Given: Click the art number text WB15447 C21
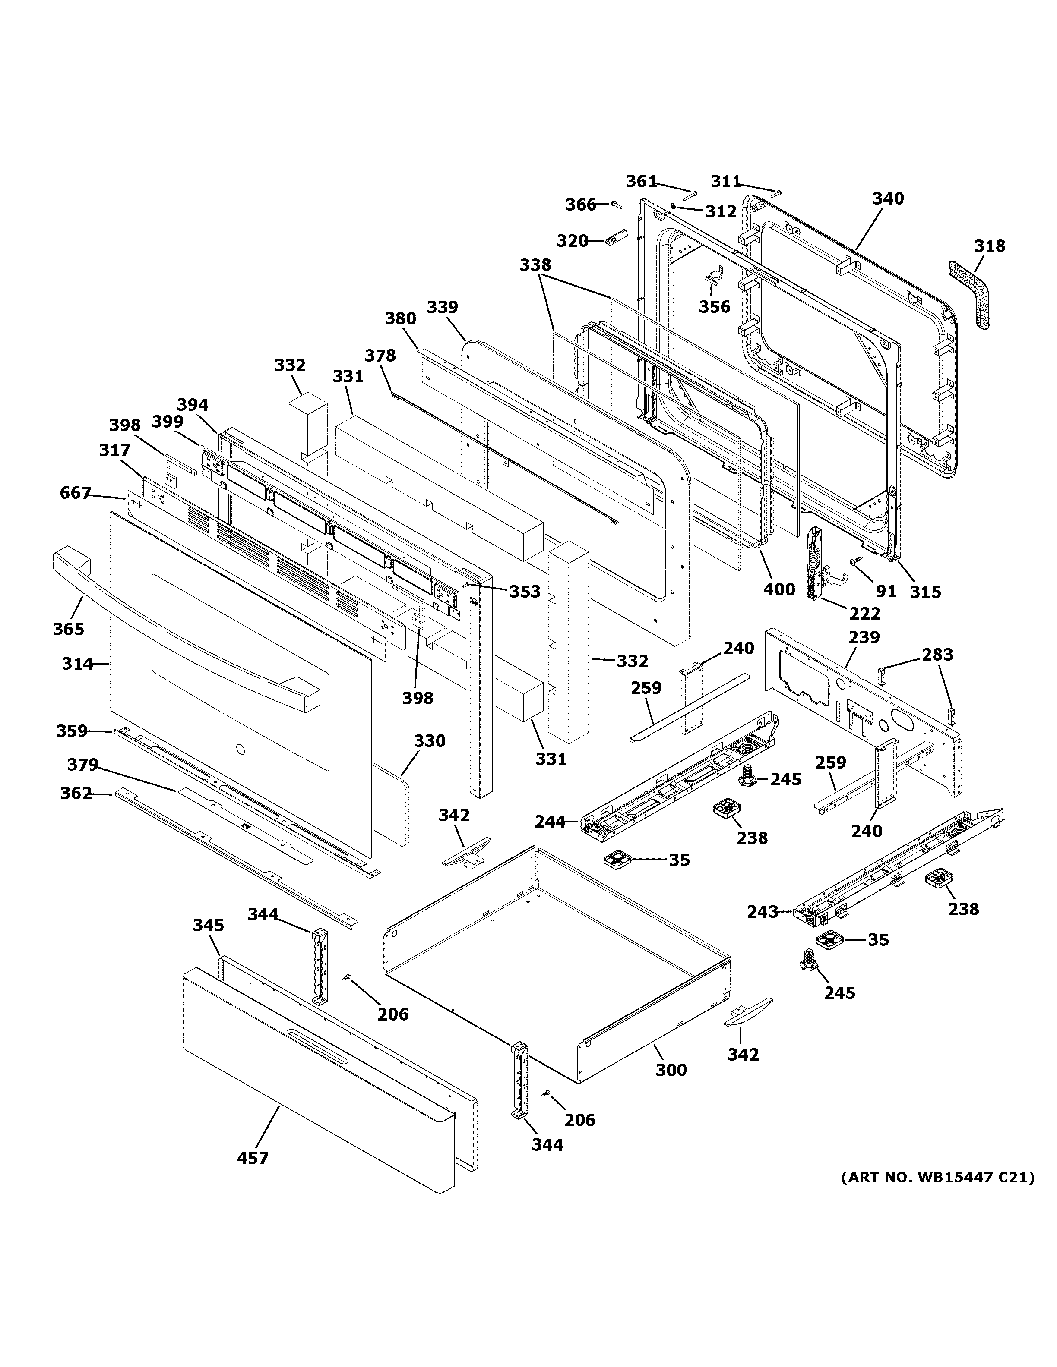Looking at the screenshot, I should (x=937, y=1177).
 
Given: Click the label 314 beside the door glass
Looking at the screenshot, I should (x=77, y=664).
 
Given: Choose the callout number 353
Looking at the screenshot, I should (x=524, y=592).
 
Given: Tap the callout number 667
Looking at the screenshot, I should (x=76, y=493).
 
